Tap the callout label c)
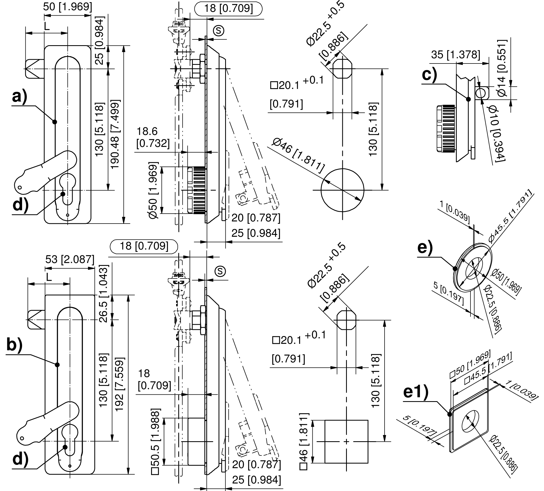pyautogui.click(x=429, y=75)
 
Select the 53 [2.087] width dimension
pyautogui.click(x=70, y=259)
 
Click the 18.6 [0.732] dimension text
pyautogui.click(x=152, y=137)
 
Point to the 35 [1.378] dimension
pyautogui.click(x=455, y=55)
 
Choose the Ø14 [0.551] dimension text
pyautogui.click(x=502, y=68)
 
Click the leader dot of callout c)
pyautogui.click(x=468, y=99)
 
